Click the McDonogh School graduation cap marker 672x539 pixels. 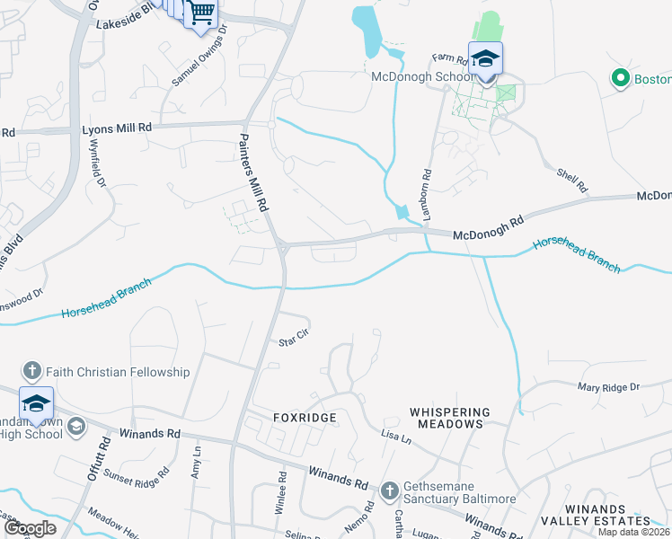tap(485, 60)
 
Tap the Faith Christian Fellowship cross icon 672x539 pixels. tap(31, 371)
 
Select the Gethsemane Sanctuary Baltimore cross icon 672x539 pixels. tap(389, 490)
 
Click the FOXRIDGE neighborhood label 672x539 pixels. tap(305, 418)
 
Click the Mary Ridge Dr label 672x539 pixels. tap(607, 387)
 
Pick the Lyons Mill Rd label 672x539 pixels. tap(116, 128)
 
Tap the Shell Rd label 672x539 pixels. tap(571, 181)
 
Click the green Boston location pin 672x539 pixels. tap(619, 79)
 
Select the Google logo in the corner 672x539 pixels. tap(31, 528)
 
